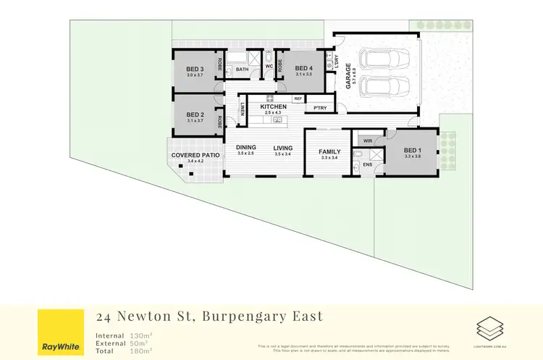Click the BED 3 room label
195,70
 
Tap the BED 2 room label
195,114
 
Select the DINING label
246,148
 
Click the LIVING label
282,148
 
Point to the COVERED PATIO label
195,155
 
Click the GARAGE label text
348,75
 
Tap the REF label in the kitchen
298,99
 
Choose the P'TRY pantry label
319,108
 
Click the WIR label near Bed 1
367,141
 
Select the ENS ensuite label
368,164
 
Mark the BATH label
242,70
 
